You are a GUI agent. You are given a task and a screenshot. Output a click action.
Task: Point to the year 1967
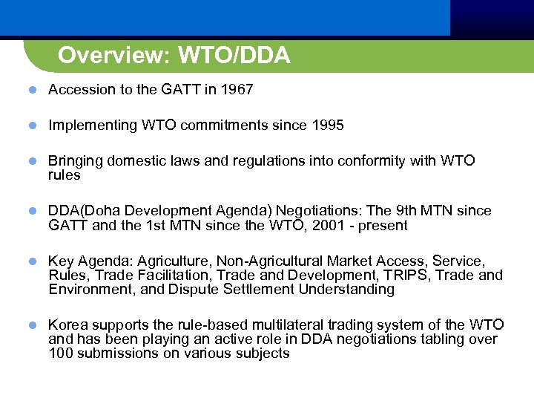[x=237, y=90]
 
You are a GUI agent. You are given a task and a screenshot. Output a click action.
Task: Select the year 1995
[x=327, y=125]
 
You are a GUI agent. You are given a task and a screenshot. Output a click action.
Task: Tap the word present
[x=383, y=225]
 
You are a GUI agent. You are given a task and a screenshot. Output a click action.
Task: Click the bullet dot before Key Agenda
[x=33, y=261]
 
